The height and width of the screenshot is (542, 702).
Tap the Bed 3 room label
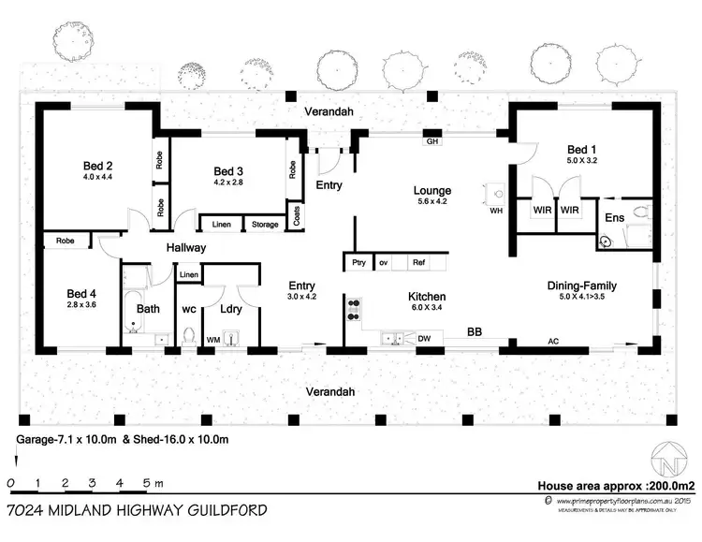point(227,170)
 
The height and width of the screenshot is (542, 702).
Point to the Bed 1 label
point(581,150)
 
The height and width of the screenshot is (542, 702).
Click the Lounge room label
point(432,190)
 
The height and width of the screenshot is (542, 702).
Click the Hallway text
point(186,248)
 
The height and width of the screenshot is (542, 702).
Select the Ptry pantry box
point(358,263)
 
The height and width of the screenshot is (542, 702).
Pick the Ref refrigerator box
point(418,263)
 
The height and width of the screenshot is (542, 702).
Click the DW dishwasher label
point(423,338)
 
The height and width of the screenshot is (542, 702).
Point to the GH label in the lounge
point(432,142)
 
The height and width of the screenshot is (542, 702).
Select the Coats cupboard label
point(297,216)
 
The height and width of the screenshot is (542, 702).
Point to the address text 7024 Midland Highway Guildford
point(136,510)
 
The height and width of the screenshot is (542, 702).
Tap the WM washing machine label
point(212,339)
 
